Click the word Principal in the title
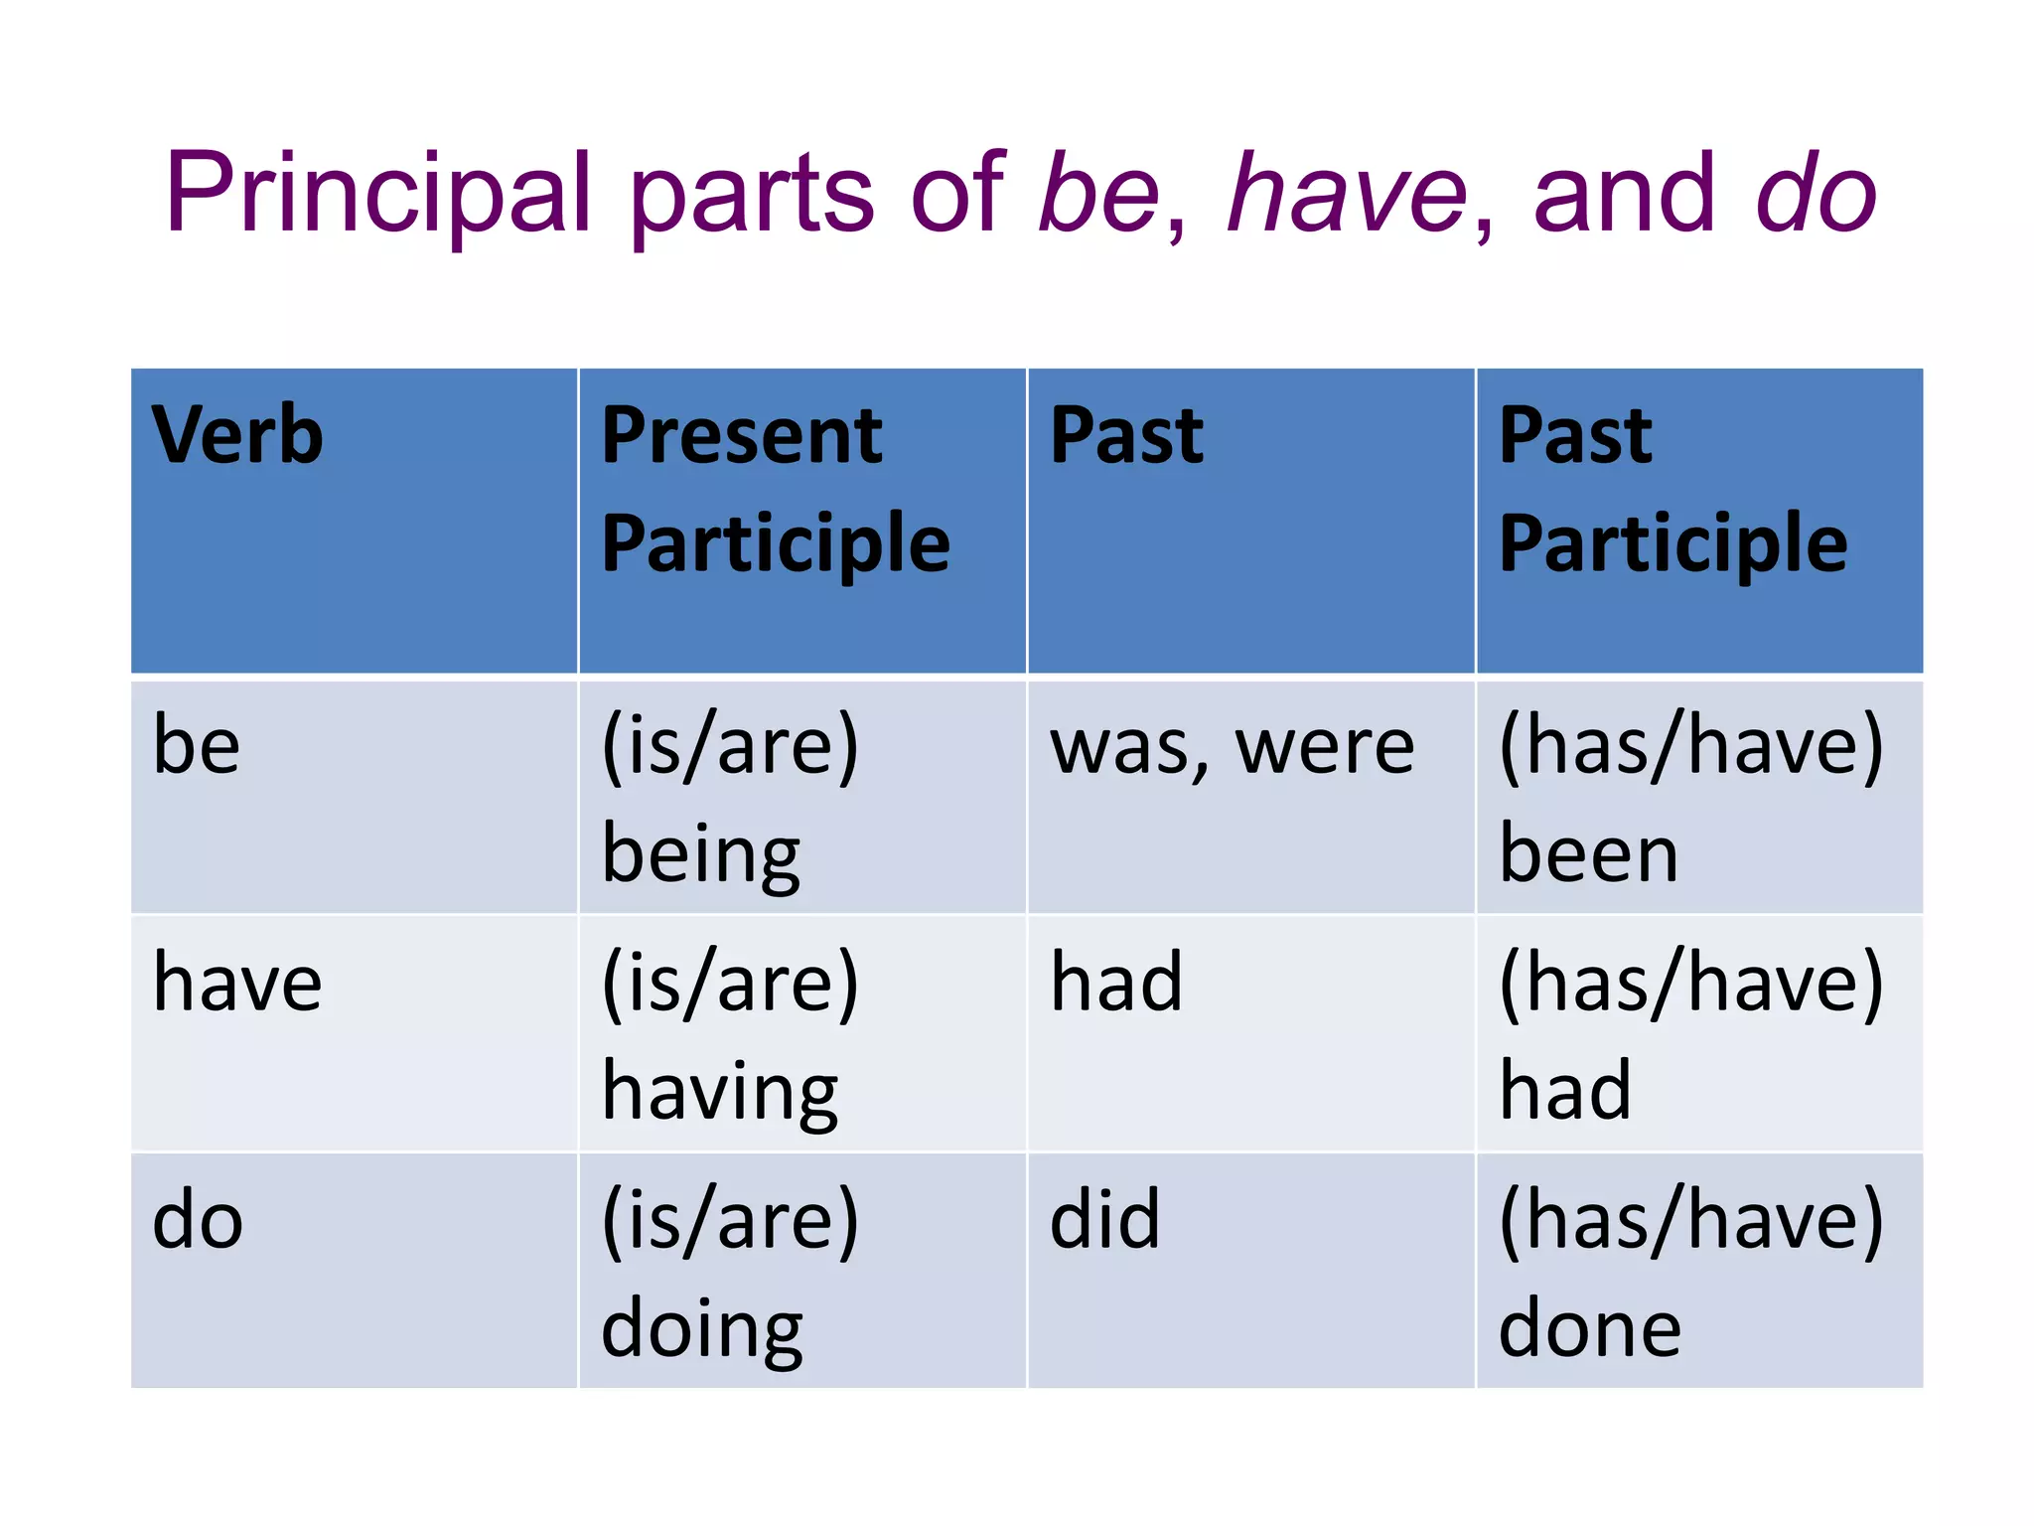click(x=378, y=194)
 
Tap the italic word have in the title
click(x=1347, y=194)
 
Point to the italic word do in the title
click(x=1816, y=194)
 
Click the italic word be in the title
click(x=1098, y=194)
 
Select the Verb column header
click(x=237, y=436)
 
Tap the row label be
click(x=197, y=746)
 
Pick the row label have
click(x=237, y=983)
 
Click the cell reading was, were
click(x=1232, y=748)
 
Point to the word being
click(x=701, y=855)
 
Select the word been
click(x=1588, y=854)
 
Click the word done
click(x=1589, y=1329)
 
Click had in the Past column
click(x=1116, y=983)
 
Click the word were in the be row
click(x=1325, y=748)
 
